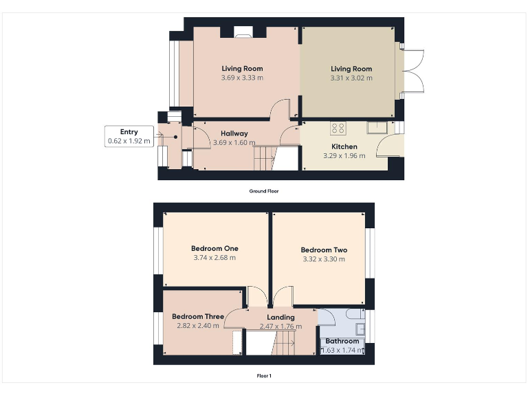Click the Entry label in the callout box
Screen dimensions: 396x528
point(129,132)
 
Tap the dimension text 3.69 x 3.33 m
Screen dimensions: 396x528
point(242,78)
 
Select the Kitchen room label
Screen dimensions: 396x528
point(344,146)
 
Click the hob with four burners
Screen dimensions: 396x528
point(338,127)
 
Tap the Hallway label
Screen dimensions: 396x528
point(234,133)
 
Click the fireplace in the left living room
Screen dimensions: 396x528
point(243,30)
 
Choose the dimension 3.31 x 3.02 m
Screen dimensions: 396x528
point(351,78)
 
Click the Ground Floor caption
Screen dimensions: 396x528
point(264,191)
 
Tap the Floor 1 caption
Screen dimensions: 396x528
point(264,376)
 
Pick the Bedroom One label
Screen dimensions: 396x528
point(214,249)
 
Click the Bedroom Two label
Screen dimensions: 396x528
point(324,250)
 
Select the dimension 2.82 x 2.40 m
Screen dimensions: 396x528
point(198,326)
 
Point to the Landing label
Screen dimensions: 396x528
point(280,317)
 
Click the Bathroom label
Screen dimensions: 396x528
point(342,341)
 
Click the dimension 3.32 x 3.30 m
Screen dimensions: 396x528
point(324,259)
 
